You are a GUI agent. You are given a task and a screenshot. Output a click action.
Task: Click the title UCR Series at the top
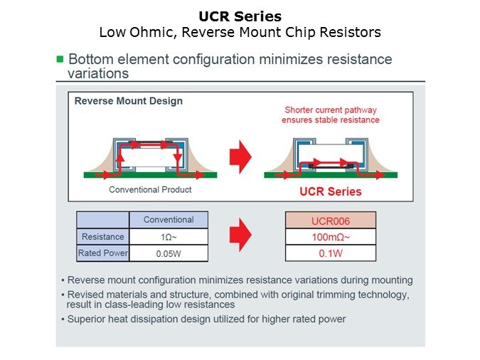pyautogui.click(x=240, y=16)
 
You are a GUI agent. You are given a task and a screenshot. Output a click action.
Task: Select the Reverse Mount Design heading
pyautogui.click(x=128, y=101)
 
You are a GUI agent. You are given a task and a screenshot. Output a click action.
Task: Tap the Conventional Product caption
pyautogui.click(x=150, y=190)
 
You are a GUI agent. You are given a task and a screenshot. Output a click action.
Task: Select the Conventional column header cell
pyautogui.click(x=169, y=220)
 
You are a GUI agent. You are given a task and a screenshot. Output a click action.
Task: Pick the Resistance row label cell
pyautogui.click(x=102, y=237)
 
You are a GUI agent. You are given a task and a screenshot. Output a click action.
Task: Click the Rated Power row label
pyautogui.click(x=102, y=253)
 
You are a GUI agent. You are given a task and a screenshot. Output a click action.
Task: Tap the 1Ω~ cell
pyautogui.click(x=169, y=237)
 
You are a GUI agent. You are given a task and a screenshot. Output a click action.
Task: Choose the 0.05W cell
pyautogui.click(x=169, y=253)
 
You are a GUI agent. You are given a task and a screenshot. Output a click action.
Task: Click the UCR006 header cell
pyautogui.click(x=331, y=221)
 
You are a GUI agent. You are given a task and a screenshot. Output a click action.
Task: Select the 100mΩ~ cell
pyautogui.click(x=331, y=237)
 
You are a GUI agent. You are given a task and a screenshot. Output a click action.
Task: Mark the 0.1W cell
pyautogui.click(x=331, y=253)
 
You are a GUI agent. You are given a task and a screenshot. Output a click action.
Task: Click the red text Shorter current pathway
pyautogui.click(x=331, y=110)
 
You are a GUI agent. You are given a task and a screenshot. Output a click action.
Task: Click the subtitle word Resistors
pyautogui.click(x=353, y=32)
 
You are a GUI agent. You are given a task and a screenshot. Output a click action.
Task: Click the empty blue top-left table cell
pyautogui.click(x=102, y=220)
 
